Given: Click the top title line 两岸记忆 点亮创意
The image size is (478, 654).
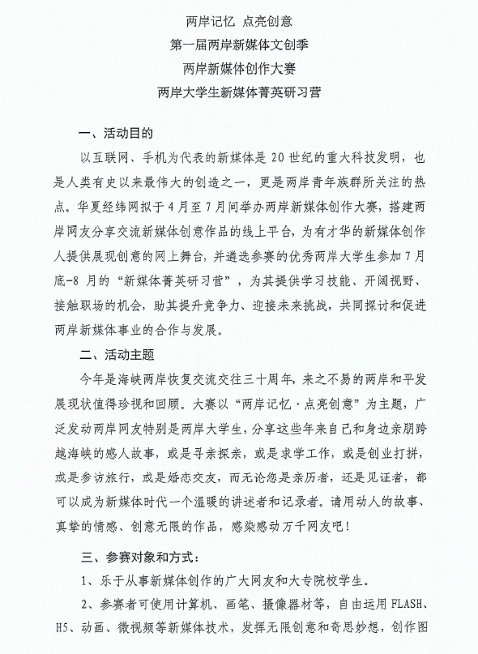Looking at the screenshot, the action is point(238,19).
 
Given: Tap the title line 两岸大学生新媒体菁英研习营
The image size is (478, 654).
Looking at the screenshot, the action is point(239,92).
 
